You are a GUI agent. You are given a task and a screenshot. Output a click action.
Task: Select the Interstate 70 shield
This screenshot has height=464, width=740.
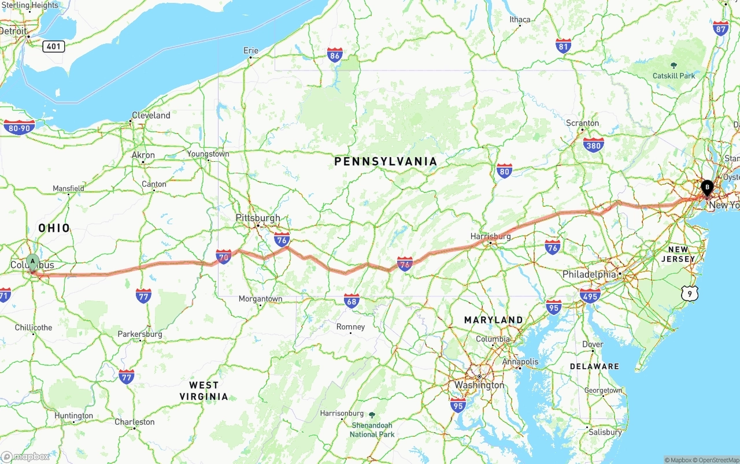tap(224, 257)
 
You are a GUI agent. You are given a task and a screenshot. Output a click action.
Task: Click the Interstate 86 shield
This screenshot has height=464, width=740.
tap(335, 55)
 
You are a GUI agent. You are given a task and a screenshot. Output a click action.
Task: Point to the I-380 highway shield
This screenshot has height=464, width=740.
tap(593, 144)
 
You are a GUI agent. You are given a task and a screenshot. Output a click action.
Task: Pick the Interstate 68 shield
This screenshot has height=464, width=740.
tap(351, 300)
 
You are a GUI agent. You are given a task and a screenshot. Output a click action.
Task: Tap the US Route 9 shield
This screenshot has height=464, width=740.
tap(689, 294)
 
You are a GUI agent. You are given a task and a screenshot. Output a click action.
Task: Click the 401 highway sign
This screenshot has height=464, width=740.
tap(53, 46)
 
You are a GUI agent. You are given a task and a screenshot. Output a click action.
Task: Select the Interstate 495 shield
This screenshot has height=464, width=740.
tap(590, 295)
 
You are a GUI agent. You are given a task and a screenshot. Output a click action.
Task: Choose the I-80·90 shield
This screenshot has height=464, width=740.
tap(19, 127)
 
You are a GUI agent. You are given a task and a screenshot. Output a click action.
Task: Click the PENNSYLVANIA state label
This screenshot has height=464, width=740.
tap(386, 162)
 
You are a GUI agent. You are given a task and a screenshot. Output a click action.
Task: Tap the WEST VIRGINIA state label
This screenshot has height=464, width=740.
tap(203, 391)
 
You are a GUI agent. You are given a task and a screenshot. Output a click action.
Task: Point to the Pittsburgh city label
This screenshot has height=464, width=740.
tap(258, 218)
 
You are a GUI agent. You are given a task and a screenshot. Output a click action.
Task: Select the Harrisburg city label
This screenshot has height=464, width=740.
tap(491, 236)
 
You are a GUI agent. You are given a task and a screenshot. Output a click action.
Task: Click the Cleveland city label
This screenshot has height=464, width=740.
tap(151, 115)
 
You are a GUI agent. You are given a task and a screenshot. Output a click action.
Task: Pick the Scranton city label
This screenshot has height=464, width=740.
tap(582, 123)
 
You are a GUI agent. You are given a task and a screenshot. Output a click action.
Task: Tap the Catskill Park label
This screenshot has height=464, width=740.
tap(674, 76)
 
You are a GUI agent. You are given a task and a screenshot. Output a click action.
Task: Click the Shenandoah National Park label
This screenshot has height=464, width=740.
tap(372, 429)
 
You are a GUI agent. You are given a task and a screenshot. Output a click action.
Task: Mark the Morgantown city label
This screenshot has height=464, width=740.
tap(261, 299)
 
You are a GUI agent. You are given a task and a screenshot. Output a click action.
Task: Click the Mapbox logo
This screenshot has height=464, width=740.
tap(26, 456)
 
